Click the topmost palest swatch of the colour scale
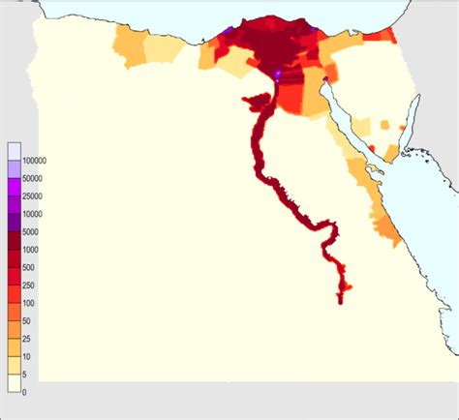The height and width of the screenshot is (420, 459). click(14, 151)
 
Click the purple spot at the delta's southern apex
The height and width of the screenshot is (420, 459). click(278, 74)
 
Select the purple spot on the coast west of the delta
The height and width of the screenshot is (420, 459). click(229, 33)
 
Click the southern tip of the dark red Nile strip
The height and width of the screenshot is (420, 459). click(341, 300)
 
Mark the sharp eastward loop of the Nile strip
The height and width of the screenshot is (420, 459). click(334, 230)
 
